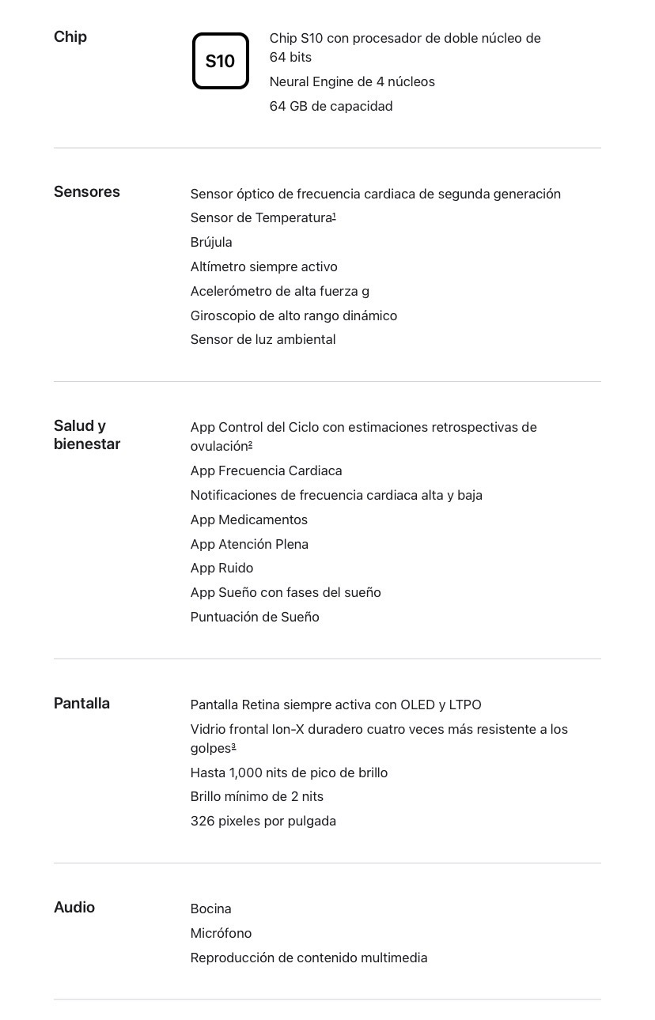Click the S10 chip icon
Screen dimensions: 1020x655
click(x=220, y=61)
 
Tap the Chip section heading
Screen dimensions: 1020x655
click(x=70, y=37)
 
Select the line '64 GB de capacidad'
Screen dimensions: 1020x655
click(x=331, y=106)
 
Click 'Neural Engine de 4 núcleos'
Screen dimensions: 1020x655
click(x=352, y=81)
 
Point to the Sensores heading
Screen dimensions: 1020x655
click(x=87, y=192)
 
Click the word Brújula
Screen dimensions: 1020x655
click(x=211, y=242)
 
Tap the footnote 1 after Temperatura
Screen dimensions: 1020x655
click(x=335, y=215)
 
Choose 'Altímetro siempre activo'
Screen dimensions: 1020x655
click(x=263, y=266)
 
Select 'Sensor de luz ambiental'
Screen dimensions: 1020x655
click(x=263, y=339)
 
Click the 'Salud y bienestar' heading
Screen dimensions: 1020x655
click(x=87, y=435)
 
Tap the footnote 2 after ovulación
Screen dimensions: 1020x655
click(x=250, y=444)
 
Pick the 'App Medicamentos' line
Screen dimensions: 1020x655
click(x=248, y=519)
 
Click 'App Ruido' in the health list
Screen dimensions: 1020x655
click(x=221, y=568)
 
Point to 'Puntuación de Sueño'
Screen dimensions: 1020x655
click(x=255, y=617)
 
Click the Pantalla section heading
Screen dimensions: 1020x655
click(x=81, y=704)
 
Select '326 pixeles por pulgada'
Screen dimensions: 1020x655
click(x=263, y=821)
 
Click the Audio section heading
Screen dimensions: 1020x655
click(x=74, y=908)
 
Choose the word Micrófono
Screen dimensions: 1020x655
click(x=221, y=933)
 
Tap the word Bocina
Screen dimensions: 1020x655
click(x=210, y=909)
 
